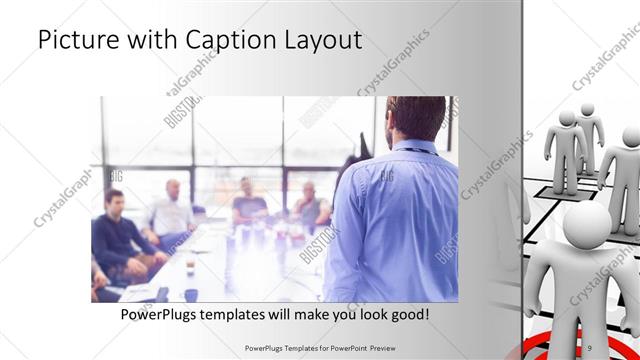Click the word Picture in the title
(75, 41)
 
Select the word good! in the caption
(407, 314)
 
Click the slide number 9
(619, 347)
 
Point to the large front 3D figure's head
(587, 225)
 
